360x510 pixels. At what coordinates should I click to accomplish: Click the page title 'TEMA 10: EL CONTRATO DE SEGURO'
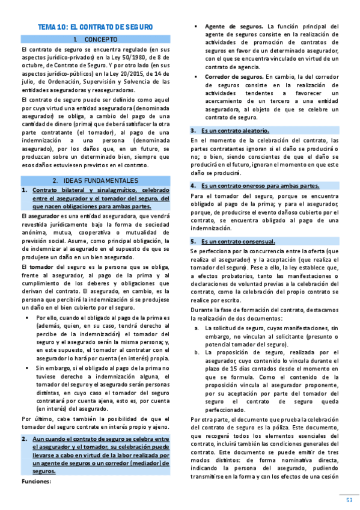pyautogui.click(x=96, y=27)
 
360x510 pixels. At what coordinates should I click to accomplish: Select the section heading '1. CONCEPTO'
pyautogui.click(x=96, y=39)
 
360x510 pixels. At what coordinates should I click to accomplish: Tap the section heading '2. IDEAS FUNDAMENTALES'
pyautogui.click(x=96, y=180)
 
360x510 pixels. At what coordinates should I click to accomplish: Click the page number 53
pyautogui.click(x=349, y=500)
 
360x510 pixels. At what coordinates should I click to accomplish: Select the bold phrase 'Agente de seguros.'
pyautogui.click(x=234, y=26)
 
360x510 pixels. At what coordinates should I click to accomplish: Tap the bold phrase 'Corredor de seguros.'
pyautogui.click(x=234, y=77)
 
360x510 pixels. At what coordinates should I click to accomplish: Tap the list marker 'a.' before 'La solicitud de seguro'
pyautogui.click(x=197, y=328)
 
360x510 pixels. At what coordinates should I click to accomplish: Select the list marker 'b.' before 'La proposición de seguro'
pyautogui.click(x=197, y=352)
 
